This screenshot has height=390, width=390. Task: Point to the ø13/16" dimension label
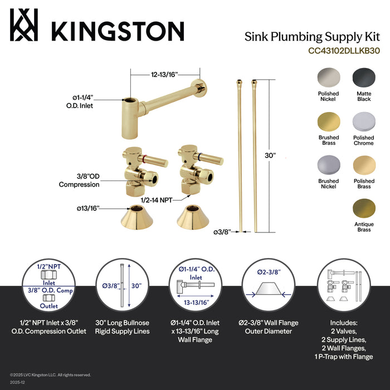tap(88, 208)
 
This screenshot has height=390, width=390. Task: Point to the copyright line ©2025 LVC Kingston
tap(51, 374)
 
